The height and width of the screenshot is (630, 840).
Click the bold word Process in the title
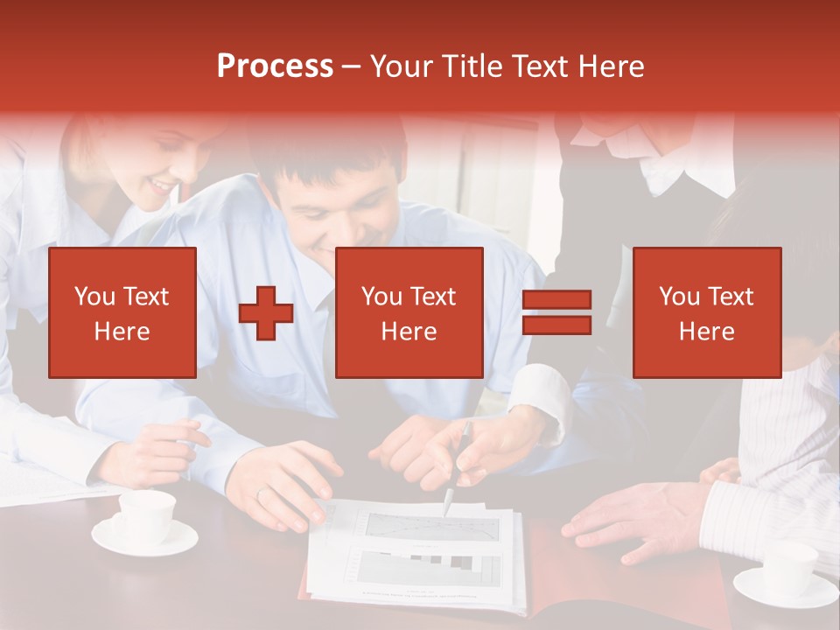pos(275,66)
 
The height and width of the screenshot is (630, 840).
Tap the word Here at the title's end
pos(611,66)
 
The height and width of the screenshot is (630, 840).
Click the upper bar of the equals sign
pos(556,300)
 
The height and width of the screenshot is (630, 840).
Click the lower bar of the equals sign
pos(556,325)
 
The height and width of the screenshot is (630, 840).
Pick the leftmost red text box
pos(122,312)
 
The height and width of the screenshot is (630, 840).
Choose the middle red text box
pos(409,312)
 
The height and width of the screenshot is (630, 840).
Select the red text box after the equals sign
pos(706,312)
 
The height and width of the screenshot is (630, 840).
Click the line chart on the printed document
pos(430,526)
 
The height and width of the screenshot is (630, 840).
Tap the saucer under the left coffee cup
pos(144,538)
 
